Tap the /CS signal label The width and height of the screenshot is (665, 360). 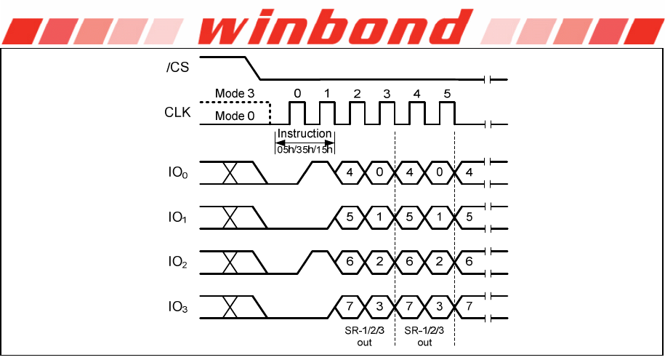tap(177, 68)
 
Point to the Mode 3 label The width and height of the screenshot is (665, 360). tap(234, 94)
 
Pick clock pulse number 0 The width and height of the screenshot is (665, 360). tap(297, 94)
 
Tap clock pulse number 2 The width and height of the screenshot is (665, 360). tap(356, 94)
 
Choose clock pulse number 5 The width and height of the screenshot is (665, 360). tap(446, 94)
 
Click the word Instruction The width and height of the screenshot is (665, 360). tap(305, 134)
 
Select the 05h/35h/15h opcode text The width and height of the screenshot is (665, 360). tap(305, 149)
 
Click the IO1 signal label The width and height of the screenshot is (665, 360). tap(177, 217)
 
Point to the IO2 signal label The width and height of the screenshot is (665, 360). tap(177, 263)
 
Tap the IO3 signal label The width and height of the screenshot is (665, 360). tap(177, 308)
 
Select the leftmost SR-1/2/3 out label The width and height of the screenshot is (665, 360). tap(364, 336)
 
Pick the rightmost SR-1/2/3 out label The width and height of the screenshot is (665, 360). tap(424, 336)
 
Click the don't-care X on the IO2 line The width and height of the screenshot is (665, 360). tap(230, 263)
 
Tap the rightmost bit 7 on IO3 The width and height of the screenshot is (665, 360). tap(469, 308)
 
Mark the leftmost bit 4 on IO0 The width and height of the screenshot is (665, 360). tap(350, 172)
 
